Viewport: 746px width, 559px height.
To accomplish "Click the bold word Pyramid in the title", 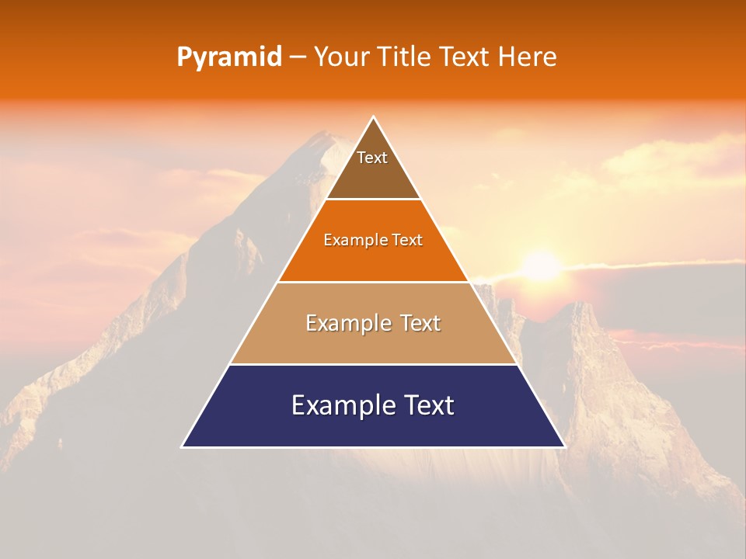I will [x=228, y=57].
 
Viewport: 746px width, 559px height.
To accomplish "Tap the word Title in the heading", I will [x=407, y=57].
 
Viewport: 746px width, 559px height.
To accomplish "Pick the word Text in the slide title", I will [x=465, y=57].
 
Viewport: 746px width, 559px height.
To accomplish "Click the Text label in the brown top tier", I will [x=372, y=158].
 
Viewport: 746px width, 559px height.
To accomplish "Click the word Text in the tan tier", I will [x=420, y=323].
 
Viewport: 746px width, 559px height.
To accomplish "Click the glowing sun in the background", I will [x=541, y=266].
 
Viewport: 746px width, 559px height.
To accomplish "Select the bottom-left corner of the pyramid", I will [x=183, y=446].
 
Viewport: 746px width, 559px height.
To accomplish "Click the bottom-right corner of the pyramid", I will [x=564, y=446].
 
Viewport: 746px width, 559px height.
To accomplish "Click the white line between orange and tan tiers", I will [x=373, y=282].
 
